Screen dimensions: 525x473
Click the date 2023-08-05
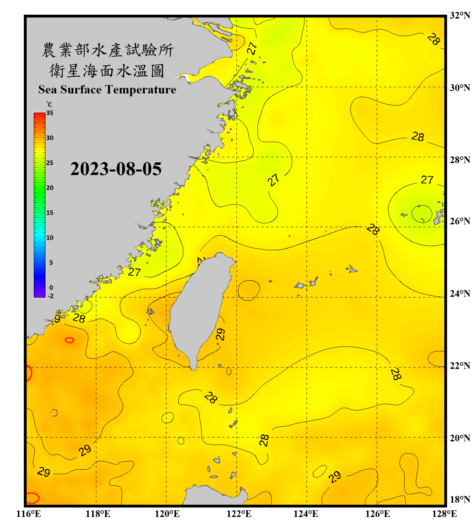116,169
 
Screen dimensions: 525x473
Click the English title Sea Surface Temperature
107,90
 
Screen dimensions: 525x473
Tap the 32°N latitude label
460,15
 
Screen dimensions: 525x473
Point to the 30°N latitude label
460,88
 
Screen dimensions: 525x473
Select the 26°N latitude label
460,221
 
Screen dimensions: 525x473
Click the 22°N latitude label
460,366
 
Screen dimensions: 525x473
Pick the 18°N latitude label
460,499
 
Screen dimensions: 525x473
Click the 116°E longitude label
29,514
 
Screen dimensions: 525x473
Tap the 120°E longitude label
167,514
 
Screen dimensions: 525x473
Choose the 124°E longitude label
306,514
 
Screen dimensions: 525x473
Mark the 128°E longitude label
444,514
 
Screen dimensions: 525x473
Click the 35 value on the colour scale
50,113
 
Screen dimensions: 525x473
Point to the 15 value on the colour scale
50,213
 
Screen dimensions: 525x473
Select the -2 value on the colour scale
50,296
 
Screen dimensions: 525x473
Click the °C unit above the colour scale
49,104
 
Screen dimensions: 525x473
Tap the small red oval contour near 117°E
69,340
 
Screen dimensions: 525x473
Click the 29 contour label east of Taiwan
220,334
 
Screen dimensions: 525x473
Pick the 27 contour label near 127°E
427,180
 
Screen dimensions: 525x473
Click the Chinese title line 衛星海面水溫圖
107,71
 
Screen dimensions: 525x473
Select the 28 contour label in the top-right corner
434,39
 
